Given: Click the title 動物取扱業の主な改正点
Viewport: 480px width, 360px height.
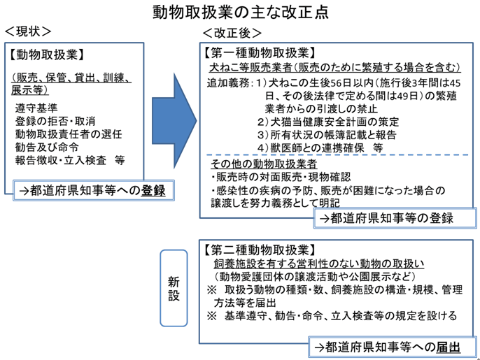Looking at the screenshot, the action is pyautogui.click(x=241, y=13).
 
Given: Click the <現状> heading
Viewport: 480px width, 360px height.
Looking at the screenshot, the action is pyautogui.click(x=28, y=31).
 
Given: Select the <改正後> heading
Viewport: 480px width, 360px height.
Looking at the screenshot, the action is pyautogui.click(x=232, y=33).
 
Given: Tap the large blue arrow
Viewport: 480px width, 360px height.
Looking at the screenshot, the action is pyautogui.click(x=174, y=121).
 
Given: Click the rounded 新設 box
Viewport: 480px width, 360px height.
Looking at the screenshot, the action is pyautogui.click(x=174, y=288).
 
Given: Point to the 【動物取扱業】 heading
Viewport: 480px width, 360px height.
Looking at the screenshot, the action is pyautogui.click(x=46, y=55).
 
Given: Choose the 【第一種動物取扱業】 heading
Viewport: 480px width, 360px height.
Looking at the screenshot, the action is pyautogui.click(x=260, y=53).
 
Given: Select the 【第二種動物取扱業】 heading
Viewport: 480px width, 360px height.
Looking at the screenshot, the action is pyautogui.click(x=260, y=250).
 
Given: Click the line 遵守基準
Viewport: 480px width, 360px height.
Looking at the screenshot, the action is pyautogui.click(x=36, y=108).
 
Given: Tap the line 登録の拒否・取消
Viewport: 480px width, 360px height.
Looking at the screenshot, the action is pyautogui.click(x=55, y=121).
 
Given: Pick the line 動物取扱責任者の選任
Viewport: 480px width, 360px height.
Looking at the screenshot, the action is pyautogui.click(x=69, y=134).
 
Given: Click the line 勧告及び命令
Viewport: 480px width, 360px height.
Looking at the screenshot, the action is pyautogui.click(x=47, y=147).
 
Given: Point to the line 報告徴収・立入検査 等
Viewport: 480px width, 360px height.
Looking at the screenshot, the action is pyautogui.click(x=70, y=161).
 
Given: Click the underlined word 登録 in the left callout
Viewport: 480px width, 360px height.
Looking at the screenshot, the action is pyautogui.click(x=153, y=191).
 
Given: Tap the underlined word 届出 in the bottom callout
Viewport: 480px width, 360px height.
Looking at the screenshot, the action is pyautogui.click(x=448, y=347).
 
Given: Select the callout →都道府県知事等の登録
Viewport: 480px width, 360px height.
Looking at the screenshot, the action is pyautogui.click(x=395, y=218).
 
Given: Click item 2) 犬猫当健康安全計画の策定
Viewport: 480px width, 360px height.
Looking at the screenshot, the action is pyautogui.click(x=328, y=122).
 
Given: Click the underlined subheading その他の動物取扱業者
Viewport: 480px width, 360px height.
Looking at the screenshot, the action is pyautogui.click(x=264, y=164).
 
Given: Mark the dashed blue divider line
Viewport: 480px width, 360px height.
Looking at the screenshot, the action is pyautogui.click(x=337, y=155).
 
